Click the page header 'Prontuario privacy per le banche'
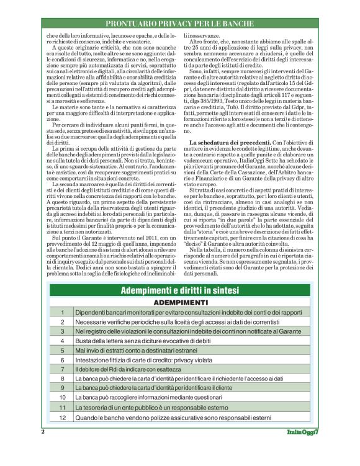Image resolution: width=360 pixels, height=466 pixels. pyautogui.click(x=180, y=24)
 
